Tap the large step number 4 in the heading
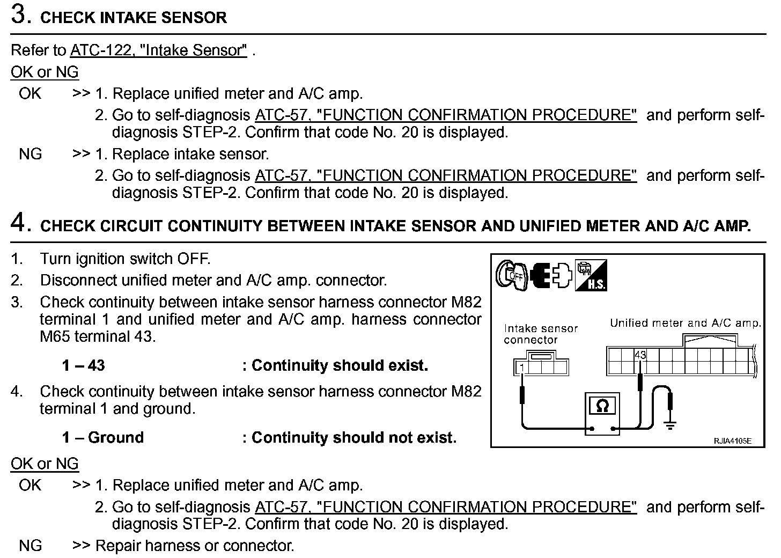pos(20,223)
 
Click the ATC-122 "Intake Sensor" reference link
pos(159,50)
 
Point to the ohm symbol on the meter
pos(602,406)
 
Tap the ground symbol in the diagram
pos(669,425)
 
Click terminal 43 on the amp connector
pos(640,355)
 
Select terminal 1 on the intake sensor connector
pos(521,368)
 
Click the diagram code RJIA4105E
pos(732,441)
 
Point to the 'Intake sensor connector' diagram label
pos(540,334)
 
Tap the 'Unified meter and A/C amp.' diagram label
pos(685,323)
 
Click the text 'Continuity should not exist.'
pos(354,438)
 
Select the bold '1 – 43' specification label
pos(83,366)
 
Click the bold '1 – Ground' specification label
pos(103,438)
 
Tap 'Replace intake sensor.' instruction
pos(190,155)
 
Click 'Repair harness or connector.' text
pos(195,546)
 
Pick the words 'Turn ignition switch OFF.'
pos(125,259)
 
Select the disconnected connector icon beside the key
pos(551,275)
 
